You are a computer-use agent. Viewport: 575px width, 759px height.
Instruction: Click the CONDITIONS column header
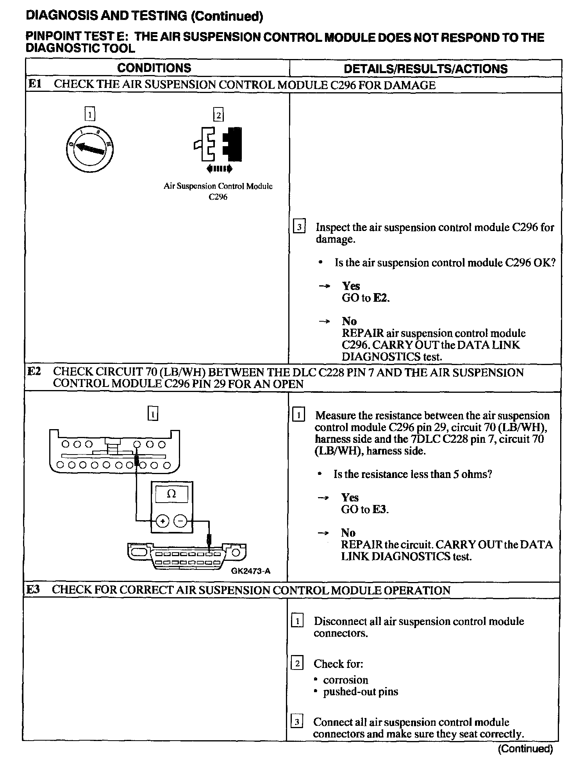(x=154, y=68)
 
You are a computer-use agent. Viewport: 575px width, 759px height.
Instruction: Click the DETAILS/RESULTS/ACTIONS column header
(x=425, y=69)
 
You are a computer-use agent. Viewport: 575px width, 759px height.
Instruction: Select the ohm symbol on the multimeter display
(x=171, y=494)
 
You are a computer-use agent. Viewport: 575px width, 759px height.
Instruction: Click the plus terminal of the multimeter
(x=162, y=521)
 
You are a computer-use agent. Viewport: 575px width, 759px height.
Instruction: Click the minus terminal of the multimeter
(x=180, y=521)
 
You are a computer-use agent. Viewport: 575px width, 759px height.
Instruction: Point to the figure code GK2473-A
(x=251, y=571)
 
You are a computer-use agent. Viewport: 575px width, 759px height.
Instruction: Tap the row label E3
(x=33, y=590)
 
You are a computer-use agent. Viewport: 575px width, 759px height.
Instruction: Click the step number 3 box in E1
(x=298, y=227)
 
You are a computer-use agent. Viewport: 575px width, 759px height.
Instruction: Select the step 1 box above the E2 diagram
(x=153, y=414)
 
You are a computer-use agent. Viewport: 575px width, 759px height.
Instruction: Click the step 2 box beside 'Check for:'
(x=297, y=664)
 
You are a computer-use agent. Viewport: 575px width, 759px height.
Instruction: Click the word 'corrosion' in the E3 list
(x=345, y=680)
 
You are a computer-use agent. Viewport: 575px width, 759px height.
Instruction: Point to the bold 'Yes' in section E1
(x=351, y=286)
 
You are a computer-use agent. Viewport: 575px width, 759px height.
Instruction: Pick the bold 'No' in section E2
(x=348, y=533)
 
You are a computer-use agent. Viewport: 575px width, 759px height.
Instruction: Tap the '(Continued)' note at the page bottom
(x=525, y=749)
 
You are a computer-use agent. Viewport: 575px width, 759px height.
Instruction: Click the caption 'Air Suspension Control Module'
(x=218, y=186)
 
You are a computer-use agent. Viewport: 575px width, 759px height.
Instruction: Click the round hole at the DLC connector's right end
(x=236, y=553)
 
